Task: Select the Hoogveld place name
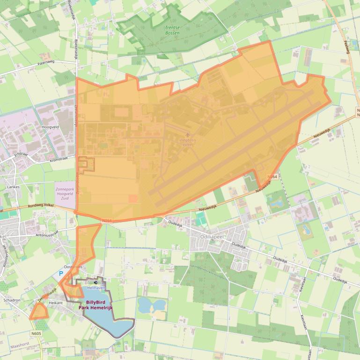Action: (x=50, y=126)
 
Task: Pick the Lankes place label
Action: (x=13, y=187)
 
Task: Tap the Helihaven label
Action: (x=95, y=288)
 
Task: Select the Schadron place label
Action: (x=12, y=300)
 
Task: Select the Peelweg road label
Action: (x=346, y=47)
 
